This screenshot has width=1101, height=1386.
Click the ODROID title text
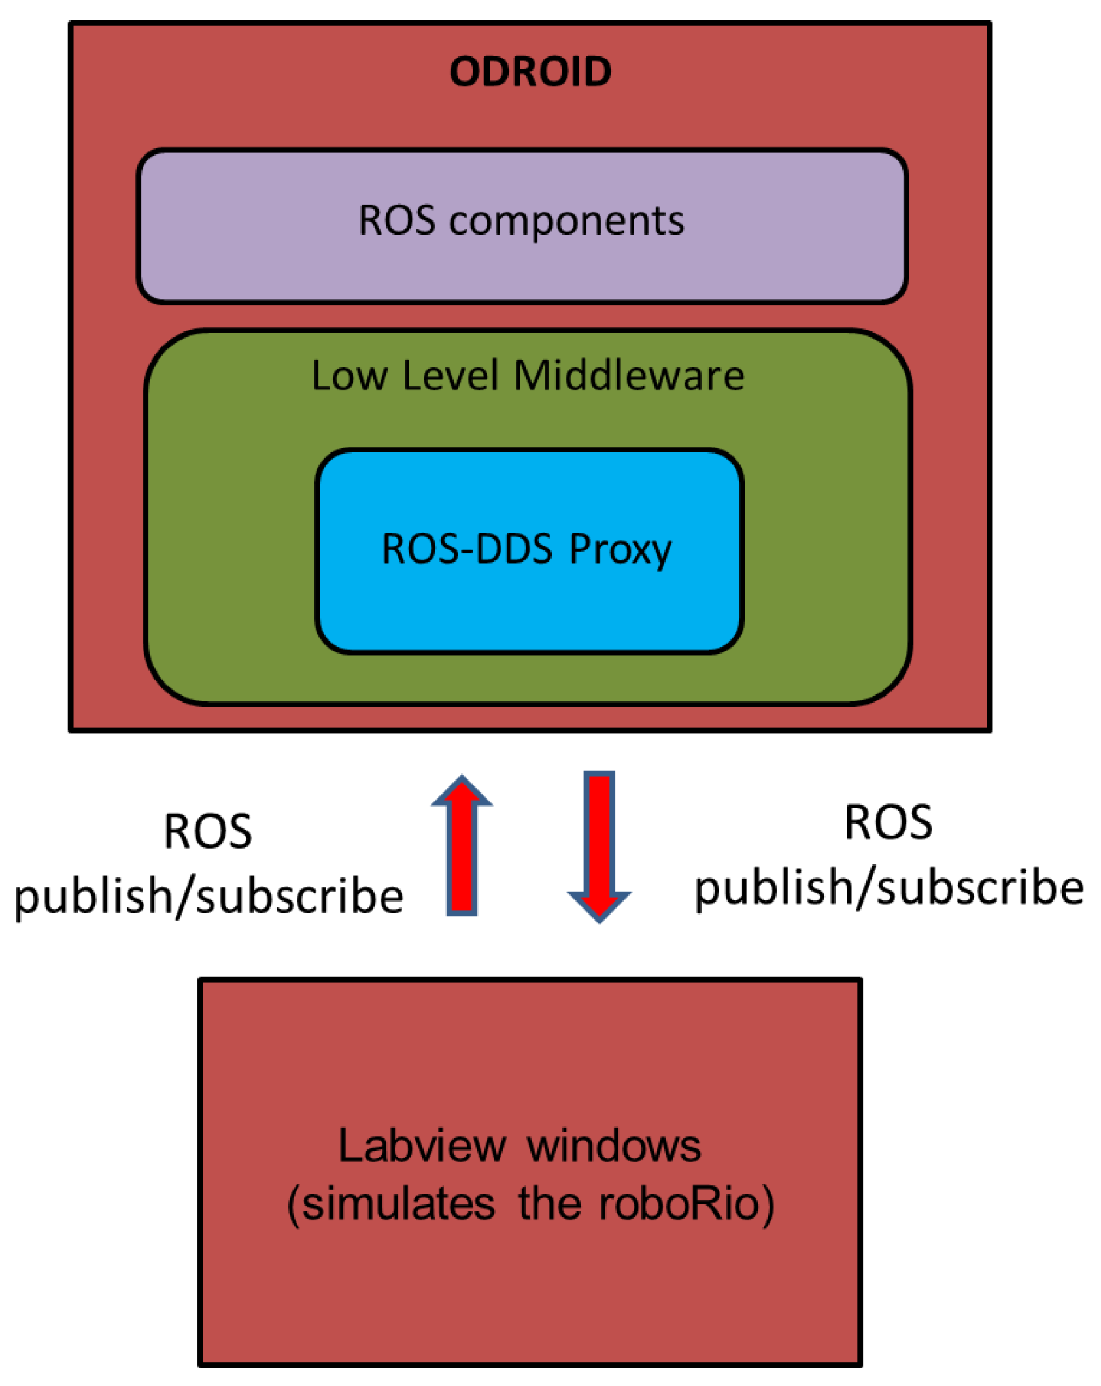530,71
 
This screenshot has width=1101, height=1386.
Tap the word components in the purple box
566,222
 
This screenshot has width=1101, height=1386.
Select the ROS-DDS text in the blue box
467,549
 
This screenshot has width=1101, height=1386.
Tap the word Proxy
620,551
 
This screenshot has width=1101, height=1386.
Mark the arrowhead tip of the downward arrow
599,920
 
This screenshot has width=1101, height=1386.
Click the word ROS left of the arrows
208,832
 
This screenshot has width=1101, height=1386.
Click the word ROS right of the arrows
889,822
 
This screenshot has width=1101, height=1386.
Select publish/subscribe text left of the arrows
209,896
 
